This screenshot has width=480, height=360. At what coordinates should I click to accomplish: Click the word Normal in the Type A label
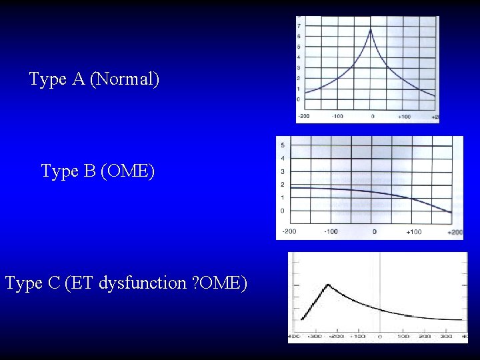click(125, 79)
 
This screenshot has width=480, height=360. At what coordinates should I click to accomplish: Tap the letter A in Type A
click(77, 79)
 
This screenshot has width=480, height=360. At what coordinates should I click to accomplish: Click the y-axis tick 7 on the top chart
click(298, 25)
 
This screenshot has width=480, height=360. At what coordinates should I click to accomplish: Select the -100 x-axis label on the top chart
click(337, 117)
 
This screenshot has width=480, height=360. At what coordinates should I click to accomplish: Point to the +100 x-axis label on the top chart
click(404, 117)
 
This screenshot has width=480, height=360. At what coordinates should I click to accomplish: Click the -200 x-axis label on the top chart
click(303, 117)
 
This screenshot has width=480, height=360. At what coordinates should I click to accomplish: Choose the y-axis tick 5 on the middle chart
click(283, 145)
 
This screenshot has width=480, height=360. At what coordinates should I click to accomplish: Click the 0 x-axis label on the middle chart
click(374, 232)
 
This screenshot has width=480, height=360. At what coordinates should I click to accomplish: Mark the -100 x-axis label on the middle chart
click(331, 232)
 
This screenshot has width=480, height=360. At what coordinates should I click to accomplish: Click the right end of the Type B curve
click(451, 213)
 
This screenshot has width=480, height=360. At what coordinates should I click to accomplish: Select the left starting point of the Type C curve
click(302, 319)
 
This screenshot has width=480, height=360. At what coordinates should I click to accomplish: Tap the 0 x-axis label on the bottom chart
click(379, 337)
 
